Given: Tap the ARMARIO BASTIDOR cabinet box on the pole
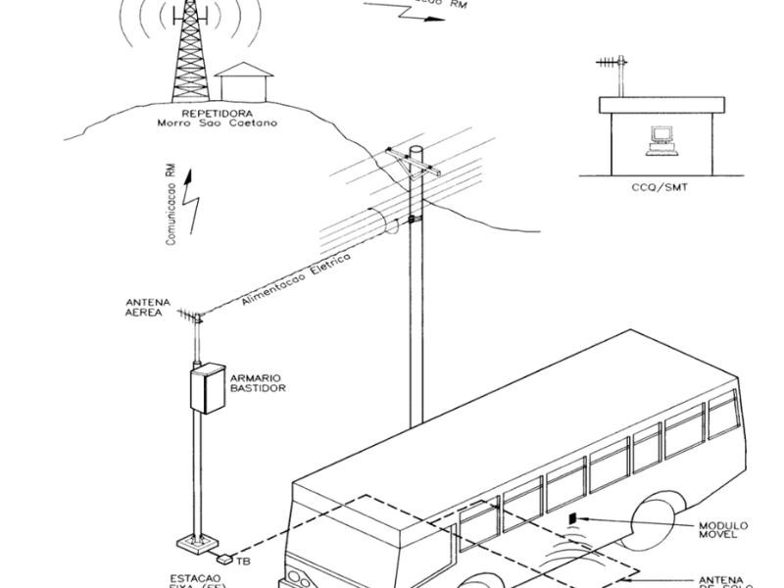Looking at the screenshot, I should point(206,388).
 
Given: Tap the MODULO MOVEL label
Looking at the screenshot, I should point(724,529).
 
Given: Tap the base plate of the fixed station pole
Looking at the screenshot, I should point(200,542).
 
